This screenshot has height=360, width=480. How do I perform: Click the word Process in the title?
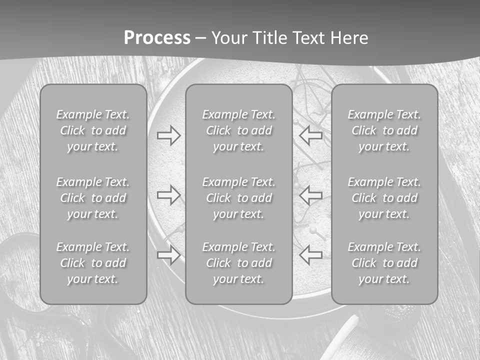[x=157, y=38]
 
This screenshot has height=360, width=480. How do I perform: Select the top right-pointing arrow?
[x=168, y=135]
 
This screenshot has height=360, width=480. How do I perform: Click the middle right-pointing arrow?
[x=168, y=194]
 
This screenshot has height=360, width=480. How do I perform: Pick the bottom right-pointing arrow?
[x=168, y=255]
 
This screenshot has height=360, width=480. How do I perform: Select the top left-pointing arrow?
[x=311, y=135]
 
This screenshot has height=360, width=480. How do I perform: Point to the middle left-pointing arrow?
[x=311, y=194]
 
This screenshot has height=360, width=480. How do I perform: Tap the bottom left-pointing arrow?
[x=311, y=255]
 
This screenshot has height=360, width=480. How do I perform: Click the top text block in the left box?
[x=93, y=130]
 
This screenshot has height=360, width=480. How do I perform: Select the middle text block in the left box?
[x=93, y=198]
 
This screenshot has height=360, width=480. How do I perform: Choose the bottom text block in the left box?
[x=93, y=263]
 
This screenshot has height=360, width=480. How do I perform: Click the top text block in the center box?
[x=238, y=130]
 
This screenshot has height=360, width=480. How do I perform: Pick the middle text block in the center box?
[x=238, y=198]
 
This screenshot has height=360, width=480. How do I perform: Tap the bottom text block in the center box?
[x=238, y=263]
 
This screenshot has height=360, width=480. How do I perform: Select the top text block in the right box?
[x=384, y=130]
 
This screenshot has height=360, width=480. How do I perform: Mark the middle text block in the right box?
[x=384, y=198]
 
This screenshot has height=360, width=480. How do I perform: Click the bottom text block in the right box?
[x=384, y=263]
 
